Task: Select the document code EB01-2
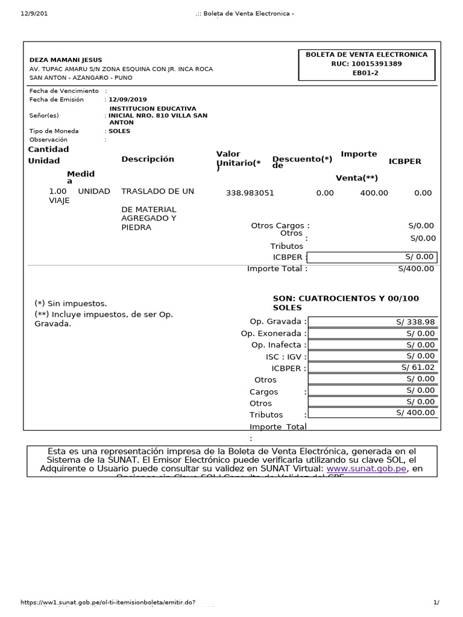(367, 73)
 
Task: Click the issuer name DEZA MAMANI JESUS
(66, 60)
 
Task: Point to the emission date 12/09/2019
(127, 99)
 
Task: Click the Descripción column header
(148, 159)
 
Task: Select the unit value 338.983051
(250, 193)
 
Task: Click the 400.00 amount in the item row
(374, 193)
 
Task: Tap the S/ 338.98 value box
(373, 322)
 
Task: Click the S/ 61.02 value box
(373, 367)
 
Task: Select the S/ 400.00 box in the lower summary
(373, 412)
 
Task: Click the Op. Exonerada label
(273, 333)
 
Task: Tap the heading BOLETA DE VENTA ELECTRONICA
(367, 54)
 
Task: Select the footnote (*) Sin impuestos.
(71, 304)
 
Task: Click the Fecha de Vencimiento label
(64, 91)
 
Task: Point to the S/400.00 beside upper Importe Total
(416, 269)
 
